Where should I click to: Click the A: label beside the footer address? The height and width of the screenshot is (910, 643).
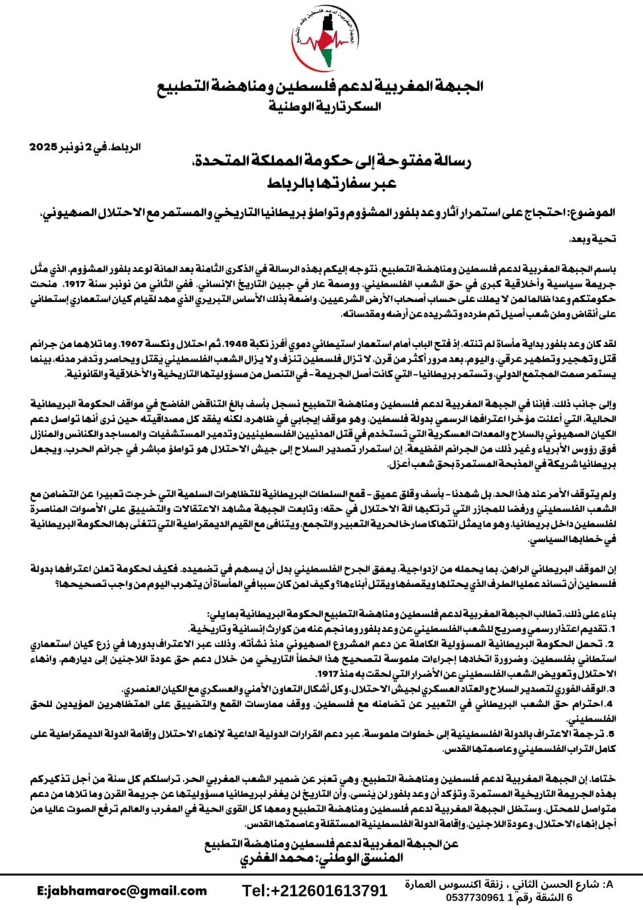pos(608,885)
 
